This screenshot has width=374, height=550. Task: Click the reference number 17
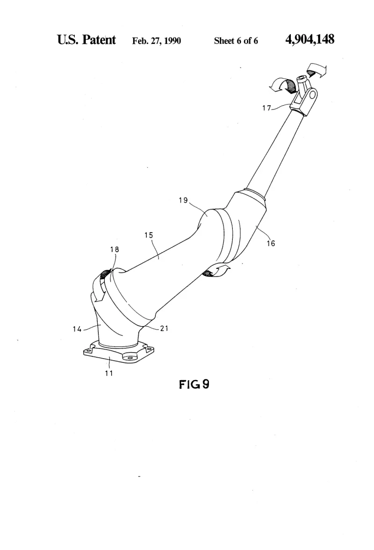pyautogui.click(x=266, y=108)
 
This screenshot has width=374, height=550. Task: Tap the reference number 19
pyautogui.click(x=183, y=200)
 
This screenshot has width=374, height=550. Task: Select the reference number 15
pyautogui.click(x=149, y=235)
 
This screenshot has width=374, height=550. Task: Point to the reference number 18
pyautogui.click(x=115, y=249)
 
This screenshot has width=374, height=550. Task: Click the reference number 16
pyautogui.click(x=271, y=243)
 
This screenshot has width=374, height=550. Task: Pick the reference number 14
pyautogui.click(x=77, y=329)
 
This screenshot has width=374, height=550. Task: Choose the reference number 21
pyautogui.click(x=164, y=328)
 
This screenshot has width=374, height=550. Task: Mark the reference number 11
pyautogui.click(x=109, y=373)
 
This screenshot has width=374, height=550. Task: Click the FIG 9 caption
pyautogui.click(x=194, y=384)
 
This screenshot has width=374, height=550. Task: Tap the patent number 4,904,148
pyautogui.click(x=310, y=39)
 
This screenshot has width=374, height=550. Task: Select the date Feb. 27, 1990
pyautogui.click(x=156, y=41)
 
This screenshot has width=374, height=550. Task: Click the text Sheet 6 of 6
pyautogui.click(x=236, y=41)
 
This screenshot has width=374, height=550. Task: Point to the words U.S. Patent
pyautogui.click(x=86, y=40)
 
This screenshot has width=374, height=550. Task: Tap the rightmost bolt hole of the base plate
pyautogui.click(x=149, y=349)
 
